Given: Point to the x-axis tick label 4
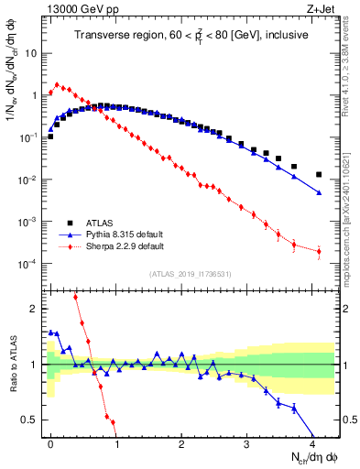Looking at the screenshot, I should coord(312,441).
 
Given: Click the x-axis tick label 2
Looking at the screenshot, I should coord(181,441).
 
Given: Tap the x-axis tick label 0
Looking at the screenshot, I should coord(50,441).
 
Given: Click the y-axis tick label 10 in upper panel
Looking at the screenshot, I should coord(32,52).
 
